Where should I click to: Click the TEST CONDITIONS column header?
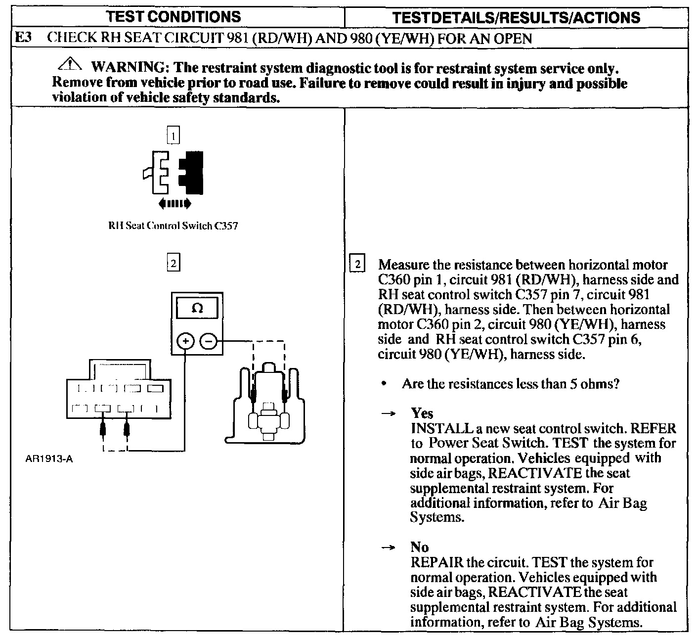(x=174, y=17)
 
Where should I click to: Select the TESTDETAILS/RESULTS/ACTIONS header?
(x=516, y=18)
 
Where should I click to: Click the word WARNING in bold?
(x=128, y=67)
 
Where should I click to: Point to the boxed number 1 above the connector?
(x=174, y=135)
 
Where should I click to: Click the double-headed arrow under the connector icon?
(x=174, y=203)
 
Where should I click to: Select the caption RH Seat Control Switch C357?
(x=173, y=226)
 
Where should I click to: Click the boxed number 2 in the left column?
(x=173, y=263)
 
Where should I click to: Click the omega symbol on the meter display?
(x=197, y=308)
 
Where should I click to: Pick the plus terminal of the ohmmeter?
(x=185, y=341)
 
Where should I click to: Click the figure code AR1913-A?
(x=48, y=458)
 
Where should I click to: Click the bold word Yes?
(x=422, y=413)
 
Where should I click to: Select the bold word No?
(x=420, y=547)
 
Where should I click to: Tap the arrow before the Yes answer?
(x=389, y=413)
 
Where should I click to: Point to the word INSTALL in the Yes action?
(x=435, y=428)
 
